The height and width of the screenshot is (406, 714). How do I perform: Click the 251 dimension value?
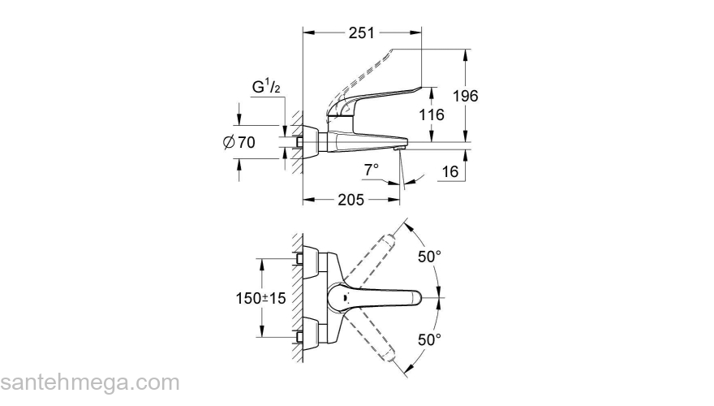point(361,33)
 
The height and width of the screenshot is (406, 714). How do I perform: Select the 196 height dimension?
point(465,96)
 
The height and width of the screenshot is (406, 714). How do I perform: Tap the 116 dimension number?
point(431,115)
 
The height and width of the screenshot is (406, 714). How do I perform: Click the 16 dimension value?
point(451,172)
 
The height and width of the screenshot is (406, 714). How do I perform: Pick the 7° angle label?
point(371,170)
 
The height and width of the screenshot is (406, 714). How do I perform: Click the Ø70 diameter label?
point(239,142)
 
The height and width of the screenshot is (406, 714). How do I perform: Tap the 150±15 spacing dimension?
point(261,299)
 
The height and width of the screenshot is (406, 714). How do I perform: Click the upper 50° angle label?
point(429,257)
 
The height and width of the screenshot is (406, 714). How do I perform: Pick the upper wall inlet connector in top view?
point(301,260)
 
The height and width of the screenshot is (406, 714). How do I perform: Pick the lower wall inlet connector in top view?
point(301,337)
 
